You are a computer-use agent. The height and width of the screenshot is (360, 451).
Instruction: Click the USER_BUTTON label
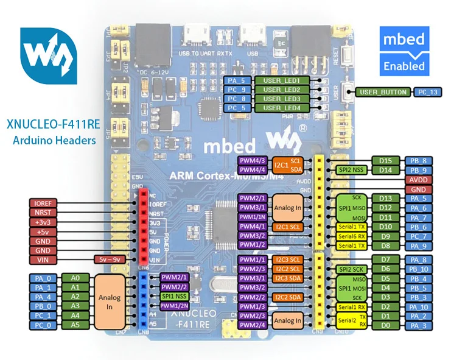(x=382, y=92)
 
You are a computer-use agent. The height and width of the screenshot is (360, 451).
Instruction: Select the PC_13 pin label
(x=428, y=92)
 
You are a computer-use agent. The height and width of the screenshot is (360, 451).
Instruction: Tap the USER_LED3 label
(x=282, y=99)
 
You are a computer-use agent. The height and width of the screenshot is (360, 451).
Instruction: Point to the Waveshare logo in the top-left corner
(x=48, y=57)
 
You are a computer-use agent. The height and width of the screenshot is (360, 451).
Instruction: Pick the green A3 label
(x=75, y=306)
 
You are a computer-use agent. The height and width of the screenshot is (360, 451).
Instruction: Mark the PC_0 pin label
(x=42, y=325)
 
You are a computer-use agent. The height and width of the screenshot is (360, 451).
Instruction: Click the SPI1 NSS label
(x=174, y=296)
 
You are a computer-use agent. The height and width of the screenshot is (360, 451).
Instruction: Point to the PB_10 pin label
(x=428, y=269)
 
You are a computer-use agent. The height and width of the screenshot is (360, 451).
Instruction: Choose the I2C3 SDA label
(x=287, y=278)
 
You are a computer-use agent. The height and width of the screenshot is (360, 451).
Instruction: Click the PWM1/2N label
(x=174, y=306)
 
